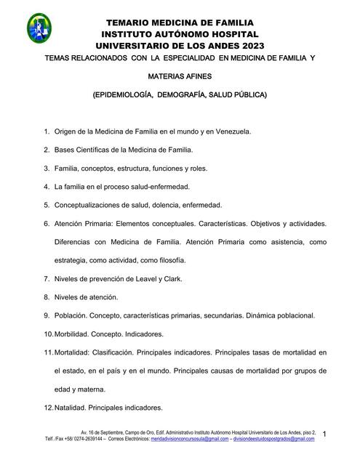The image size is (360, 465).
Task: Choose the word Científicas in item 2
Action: pyautogui.click(x=99, y=150)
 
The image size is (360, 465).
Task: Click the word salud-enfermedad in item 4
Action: pyautogui.click(x=153, y=186)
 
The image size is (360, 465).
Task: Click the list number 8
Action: pyautogui.click(x=47, y=297)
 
